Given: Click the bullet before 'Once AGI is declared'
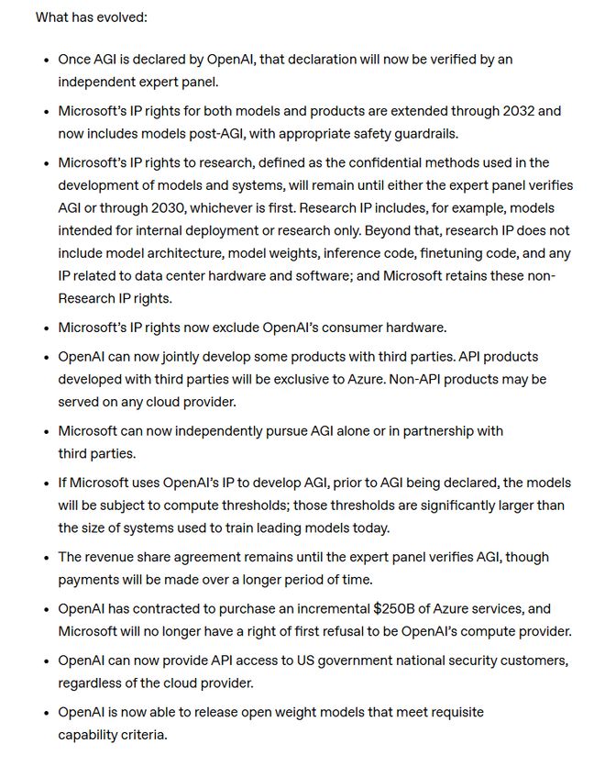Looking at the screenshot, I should (x=46, y=61).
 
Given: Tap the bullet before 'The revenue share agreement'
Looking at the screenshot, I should (x=46, y=558).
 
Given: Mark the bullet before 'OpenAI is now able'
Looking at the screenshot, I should (x=46, y=714).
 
